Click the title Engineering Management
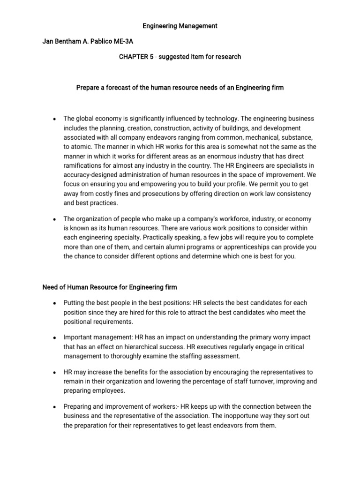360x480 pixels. [180, 26]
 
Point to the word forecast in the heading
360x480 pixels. [123, 88]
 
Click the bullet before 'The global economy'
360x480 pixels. [55, 119]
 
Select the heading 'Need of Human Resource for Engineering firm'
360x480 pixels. [110, 287]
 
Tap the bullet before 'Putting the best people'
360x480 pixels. [55, 304]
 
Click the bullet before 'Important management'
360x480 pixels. [55, 338]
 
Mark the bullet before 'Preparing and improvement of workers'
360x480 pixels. [55, 406]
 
